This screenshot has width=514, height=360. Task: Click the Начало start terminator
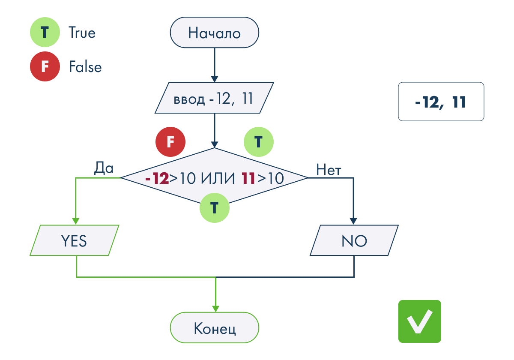[x=214, y=33]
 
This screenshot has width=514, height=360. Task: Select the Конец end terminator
[x=214, y=327]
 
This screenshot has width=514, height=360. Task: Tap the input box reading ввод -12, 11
[x=214, y=98]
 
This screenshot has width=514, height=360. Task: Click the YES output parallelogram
[x=75, y=240]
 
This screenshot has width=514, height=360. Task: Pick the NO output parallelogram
[x=354, y=240]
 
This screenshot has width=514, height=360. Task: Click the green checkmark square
[x=420, y=321]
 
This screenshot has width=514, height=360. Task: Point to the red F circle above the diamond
[x=170, y=142]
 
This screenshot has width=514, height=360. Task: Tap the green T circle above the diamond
[x=259, y=142]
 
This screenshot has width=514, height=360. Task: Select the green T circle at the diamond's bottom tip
[x=215, y=208]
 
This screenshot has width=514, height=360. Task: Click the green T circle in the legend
[x=45, y=32]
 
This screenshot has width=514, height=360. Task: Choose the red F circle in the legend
[x=45, y=66]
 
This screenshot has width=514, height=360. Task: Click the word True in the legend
[x=82, y=33]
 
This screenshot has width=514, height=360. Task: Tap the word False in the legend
[x=85, y=66]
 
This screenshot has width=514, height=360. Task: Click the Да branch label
[x=104, y=168]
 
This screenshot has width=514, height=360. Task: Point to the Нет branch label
[x=329, y=170]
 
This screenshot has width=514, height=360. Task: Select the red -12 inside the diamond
[x=157, y=178]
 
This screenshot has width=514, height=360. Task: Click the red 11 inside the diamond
[x=248, y=178]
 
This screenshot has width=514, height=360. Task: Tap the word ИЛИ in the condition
[x=218, y=178]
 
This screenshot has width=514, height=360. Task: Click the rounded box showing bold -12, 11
[x=441, y=102]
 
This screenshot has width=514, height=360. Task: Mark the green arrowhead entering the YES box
[x=76, y=221]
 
